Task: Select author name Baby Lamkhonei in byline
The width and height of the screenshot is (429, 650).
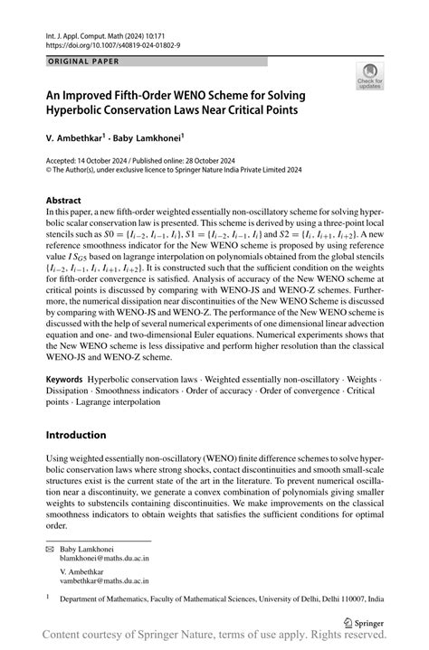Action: tap(148, 137)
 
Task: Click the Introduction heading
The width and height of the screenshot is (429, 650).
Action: tap(76, 435)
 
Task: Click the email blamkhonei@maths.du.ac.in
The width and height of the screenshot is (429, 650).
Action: tap(104, 559)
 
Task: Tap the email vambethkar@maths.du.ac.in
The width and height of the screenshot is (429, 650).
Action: tap(104, 583)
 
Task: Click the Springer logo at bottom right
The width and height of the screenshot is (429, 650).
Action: tap(362, 621)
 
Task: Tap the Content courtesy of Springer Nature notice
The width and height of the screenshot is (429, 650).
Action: tap(214, 638)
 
